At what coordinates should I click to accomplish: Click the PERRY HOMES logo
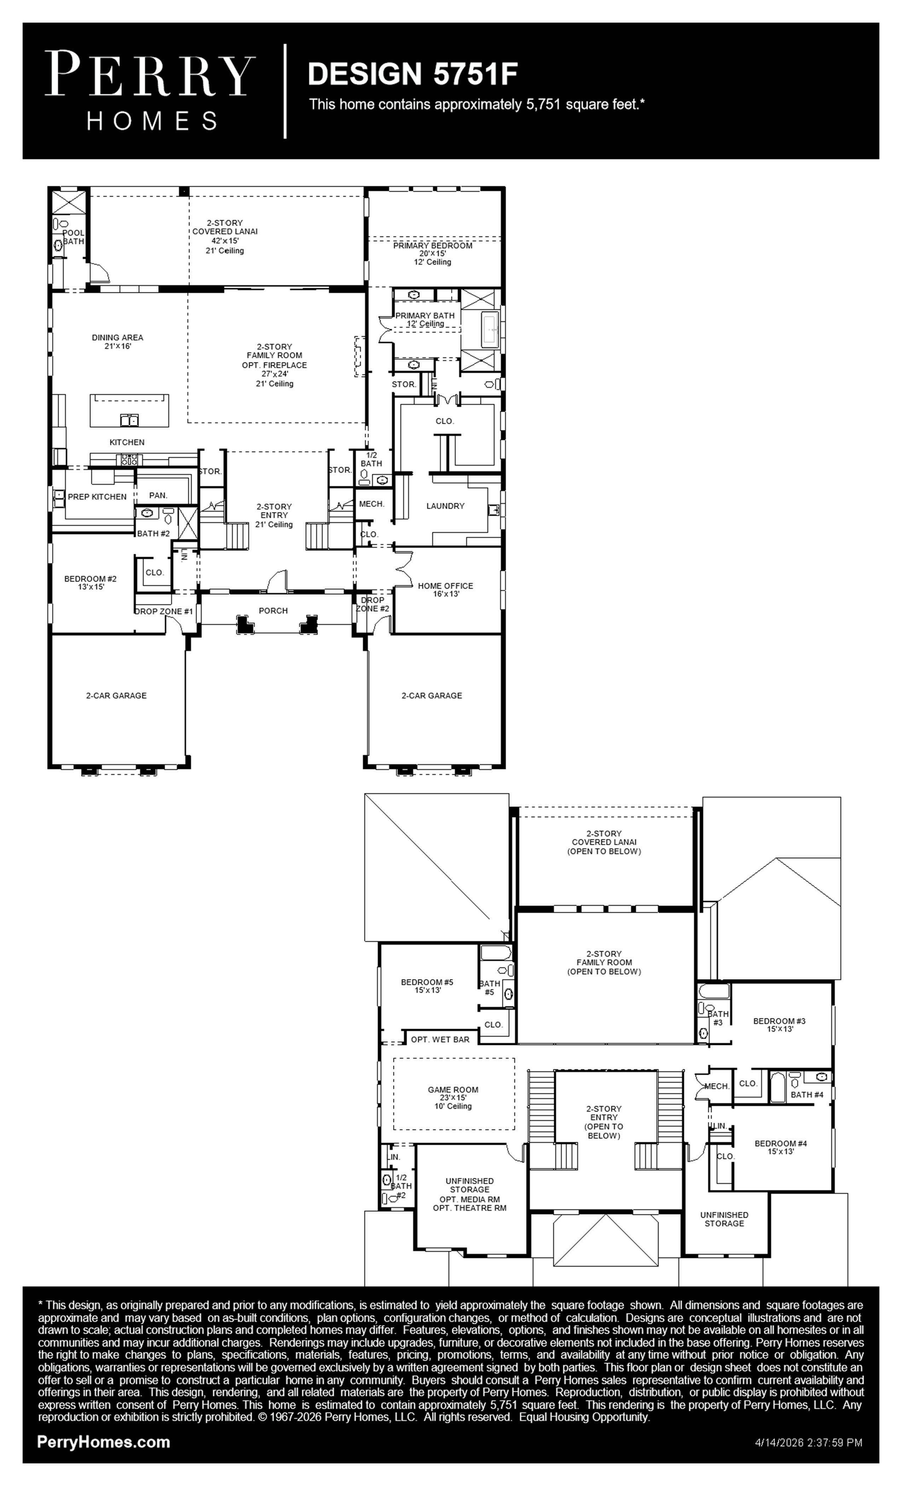click(x=150, y=91)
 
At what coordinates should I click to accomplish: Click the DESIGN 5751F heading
click(x=413, y=74)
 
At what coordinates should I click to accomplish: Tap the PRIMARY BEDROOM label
click(x=433, y=246)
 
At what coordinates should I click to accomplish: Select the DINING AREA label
click(x=117, y=338)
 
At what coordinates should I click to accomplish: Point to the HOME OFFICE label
click(x=446, y=586)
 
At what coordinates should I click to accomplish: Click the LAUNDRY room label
click(x=446, y=506)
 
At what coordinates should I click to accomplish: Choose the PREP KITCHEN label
click(x=97, y=497)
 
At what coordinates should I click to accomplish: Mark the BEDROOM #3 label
click(x=779, y=1021)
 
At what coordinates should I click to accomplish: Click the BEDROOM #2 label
click(x=91, y=579)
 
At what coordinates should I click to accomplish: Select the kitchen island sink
click(x=129, y=420)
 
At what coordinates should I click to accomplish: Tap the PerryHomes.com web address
click(x=104, y=1442)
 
